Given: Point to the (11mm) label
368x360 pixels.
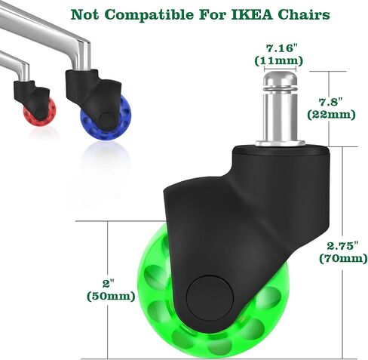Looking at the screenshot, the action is point(279,60).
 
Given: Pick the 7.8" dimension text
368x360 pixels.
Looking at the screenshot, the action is point(330,102).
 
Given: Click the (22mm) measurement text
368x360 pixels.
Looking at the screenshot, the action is point(331,115).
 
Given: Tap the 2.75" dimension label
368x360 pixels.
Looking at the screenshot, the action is point(342,246).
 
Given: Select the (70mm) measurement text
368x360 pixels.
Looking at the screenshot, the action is point(343,259).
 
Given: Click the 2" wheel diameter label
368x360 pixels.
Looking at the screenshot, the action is point(109,284).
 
